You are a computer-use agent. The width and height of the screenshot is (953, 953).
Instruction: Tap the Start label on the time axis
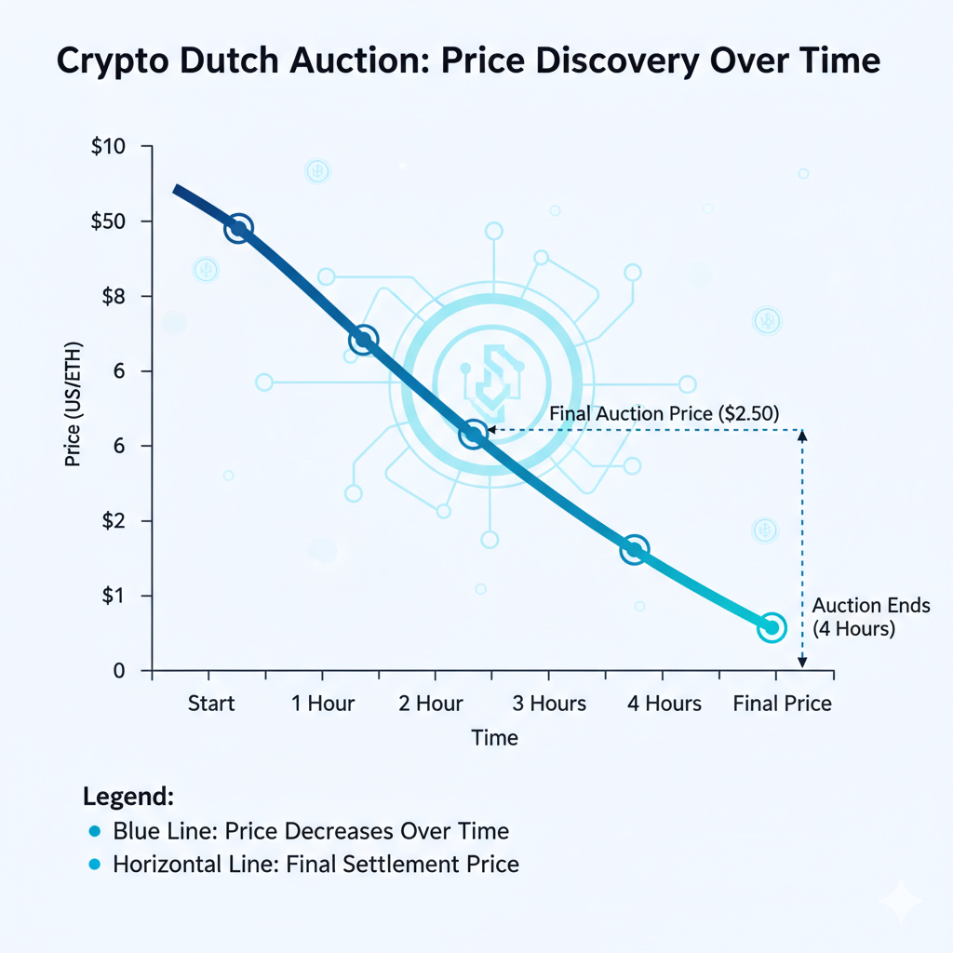(x=211, y=703)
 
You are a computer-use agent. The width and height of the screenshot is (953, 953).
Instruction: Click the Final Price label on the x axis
(x=782, y=703)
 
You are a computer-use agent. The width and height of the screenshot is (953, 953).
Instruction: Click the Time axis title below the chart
(x=494, y=738)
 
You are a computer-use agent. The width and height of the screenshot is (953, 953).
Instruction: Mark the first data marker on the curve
(x=238, y=228)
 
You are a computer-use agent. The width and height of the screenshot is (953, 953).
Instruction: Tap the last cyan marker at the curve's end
(x=772, y=627)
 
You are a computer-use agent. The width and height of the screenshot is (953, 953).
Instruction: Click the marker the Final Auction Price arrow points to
(x=474, y=434)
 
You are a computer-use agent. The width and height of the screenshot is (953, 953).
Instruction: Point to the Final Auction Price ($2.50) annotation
(x=664, y=411)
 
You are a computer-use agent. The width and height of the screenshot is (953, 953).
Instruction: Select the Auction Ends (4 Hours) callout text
(x=870, y=617)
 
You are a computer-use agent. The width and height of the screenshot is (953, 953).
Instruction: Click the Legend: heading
(x=128, y=797)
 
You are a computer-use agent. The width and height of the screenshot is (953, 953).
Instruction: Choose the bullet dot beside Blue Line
(x=92, y=831)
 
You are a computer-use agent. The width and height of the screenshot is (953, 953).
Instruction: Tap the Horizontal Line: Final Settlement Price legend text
(x=315, y=864)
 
